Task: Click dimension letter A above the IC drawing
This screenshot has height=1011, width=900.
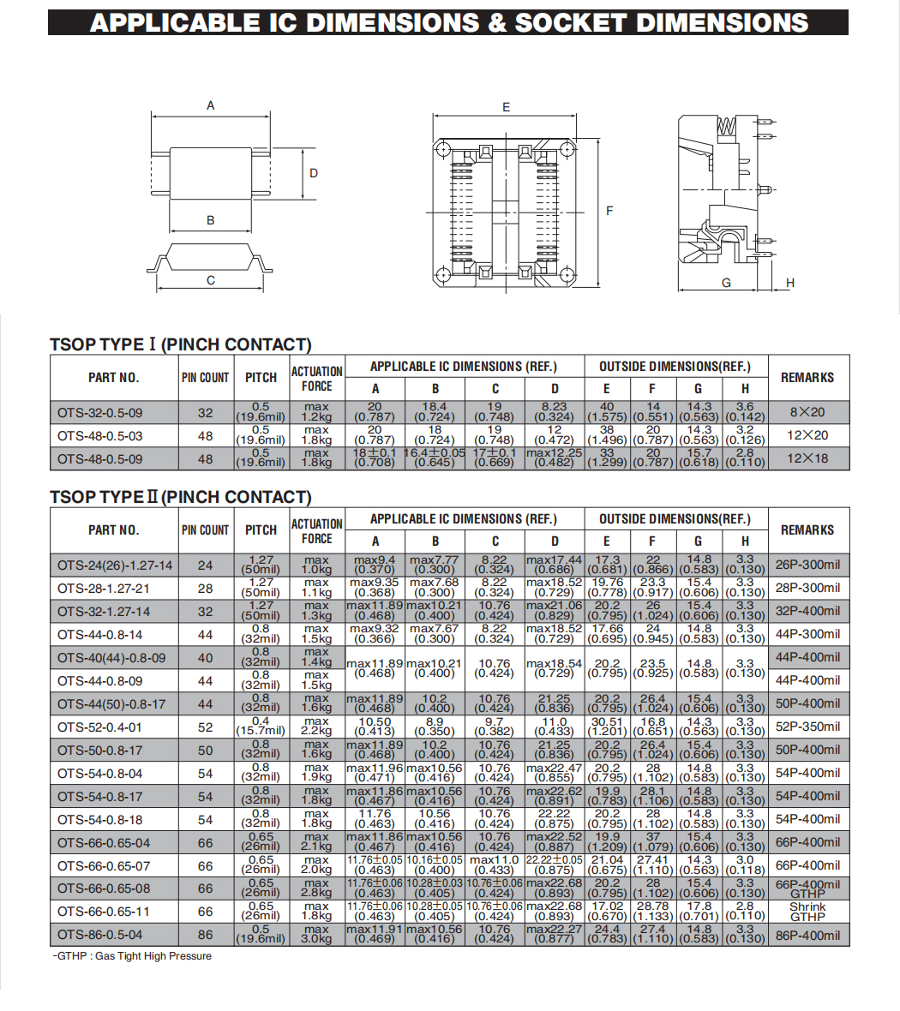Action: coord(211,106)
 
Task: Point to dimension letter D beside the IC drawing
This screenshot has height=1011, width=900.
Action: coord(314,173)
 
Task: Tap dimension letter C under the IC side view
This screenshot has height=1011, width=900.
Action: coord(211,280)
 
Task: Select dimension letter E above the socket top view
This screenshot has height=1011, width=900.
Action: coord(507,107)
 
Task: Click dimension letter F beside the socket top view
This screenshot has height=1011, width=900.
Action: coord(609,210)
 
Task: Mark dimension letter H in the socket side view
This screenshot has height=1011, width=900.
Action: coord(790,283)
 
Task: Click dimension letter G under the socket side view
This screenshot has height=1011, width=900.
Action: coord(726,283)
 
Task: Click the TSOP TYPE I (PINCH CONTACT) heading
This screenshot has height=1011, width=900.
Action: coord(180,344)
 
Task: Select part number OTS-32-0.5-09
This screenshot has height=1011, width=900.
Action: coord(100,412)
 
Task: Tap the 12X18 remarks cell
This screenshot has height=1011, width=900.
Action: coord(807,458)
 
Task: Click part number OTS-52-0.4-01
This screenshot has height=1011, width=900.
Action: coord(100,727)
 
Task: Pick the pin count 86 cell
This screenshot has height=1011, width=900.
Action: coord(206,935)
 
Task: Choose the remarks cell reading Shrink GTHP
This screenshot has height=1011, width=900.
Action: coord(807,912)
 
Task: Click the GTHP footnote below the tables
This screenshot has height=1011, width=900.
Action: coord(132,956)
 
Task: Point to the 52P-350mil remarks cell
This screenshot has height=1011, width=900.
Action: coord(807,727)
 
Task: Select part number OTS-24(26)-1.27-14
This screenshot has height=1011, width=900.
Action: coord(115,565)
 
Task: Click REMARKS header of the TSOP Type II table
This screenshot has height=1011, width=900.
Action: coord(807,530)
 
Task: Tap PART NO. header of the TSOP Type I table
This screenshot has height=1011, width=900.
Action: coord(113,378)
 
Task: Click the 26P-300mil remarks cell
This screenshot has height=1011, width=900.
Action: coord(807,565)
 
